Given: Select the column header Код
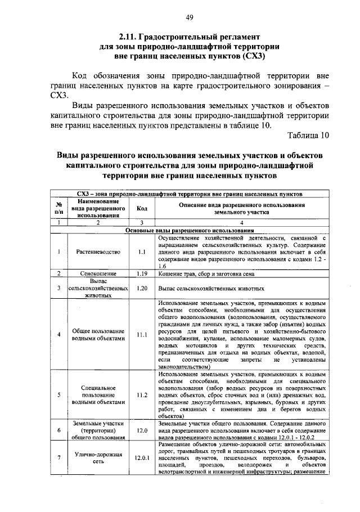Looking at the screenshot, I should (142, 208).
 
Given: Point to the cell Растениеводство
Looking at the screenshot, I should (98, 251).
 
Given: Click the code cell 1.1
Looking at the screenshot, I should (142, 251).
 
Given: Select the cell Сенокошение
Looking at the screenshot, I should (98, 273).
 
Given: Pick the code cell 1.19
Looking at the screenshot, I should (142, 273).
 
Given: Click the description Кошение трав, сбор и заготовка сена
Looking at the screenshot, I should (206, 273).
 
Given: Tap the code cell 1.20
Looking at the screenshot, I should (142, 288).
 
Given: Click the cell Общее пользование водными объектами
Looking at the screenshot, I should (98, 335).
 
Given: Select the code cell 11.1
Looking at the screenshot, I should (142, 335).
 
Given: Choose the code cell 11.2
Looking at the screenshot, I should (142, 395).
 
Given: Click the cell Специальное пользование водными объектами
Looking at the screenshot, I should (98, 395).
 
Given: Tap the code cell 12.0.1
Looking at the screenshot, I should (142, 458).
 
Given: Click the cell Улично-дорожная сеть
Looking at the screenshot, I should (98, 458).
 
